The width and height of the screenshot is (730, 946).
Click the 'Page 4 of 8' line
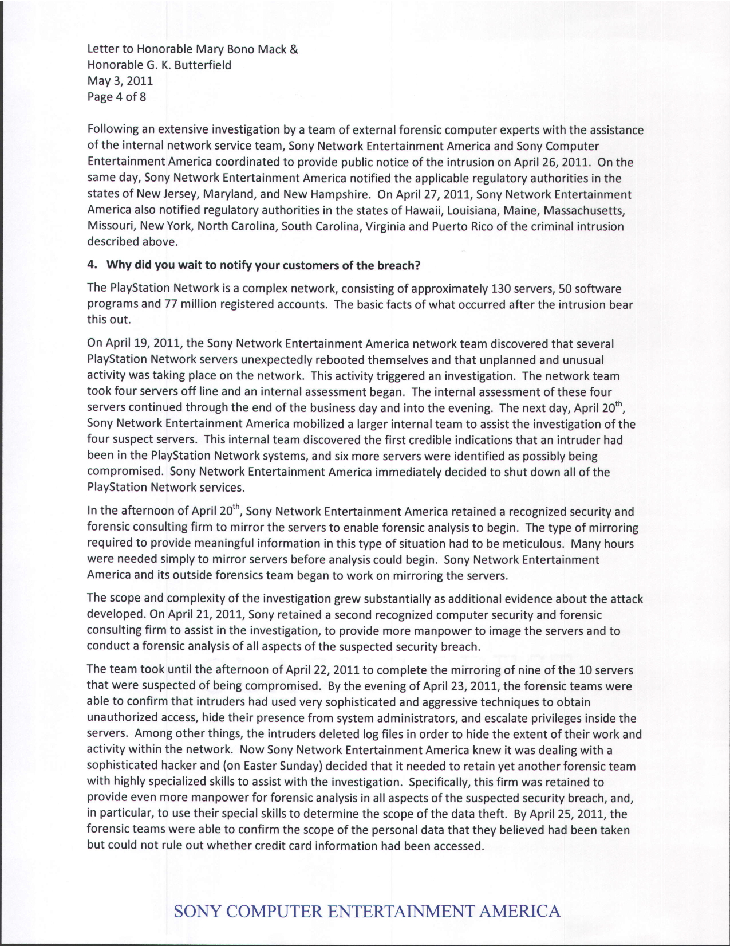(116, 97)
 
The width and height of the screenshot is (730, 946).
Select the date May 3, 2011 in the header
(120, 81)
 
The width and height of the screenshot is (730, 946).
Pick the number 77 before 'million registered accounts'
(171, 304)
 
